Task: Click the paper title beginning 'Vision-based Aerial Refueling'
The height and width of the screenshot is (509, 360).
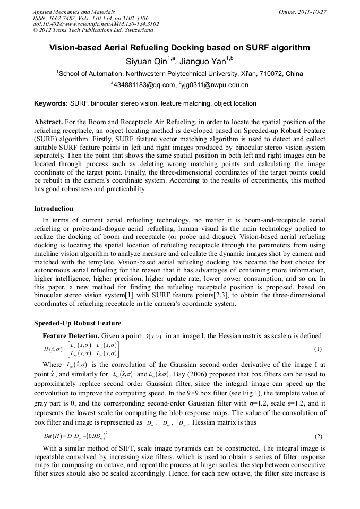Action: click(179, 48)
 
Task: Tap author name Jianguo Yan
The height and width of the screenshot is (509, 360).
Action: click(203, 61)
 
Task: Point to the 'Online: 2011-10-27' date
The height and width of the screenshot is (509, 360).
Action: click(302, 12)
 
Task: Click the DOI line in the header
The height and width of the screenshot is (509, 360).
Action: click(96, 24)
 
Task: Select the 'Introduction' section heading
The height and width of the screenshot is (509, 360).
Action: click(54, 209)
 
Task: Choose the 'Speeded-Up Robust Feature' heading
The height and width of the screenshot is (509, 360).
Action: click(78, 323)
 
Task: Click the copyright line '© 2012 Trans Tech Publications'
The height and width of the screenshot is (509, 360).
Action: click(93, 30)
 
